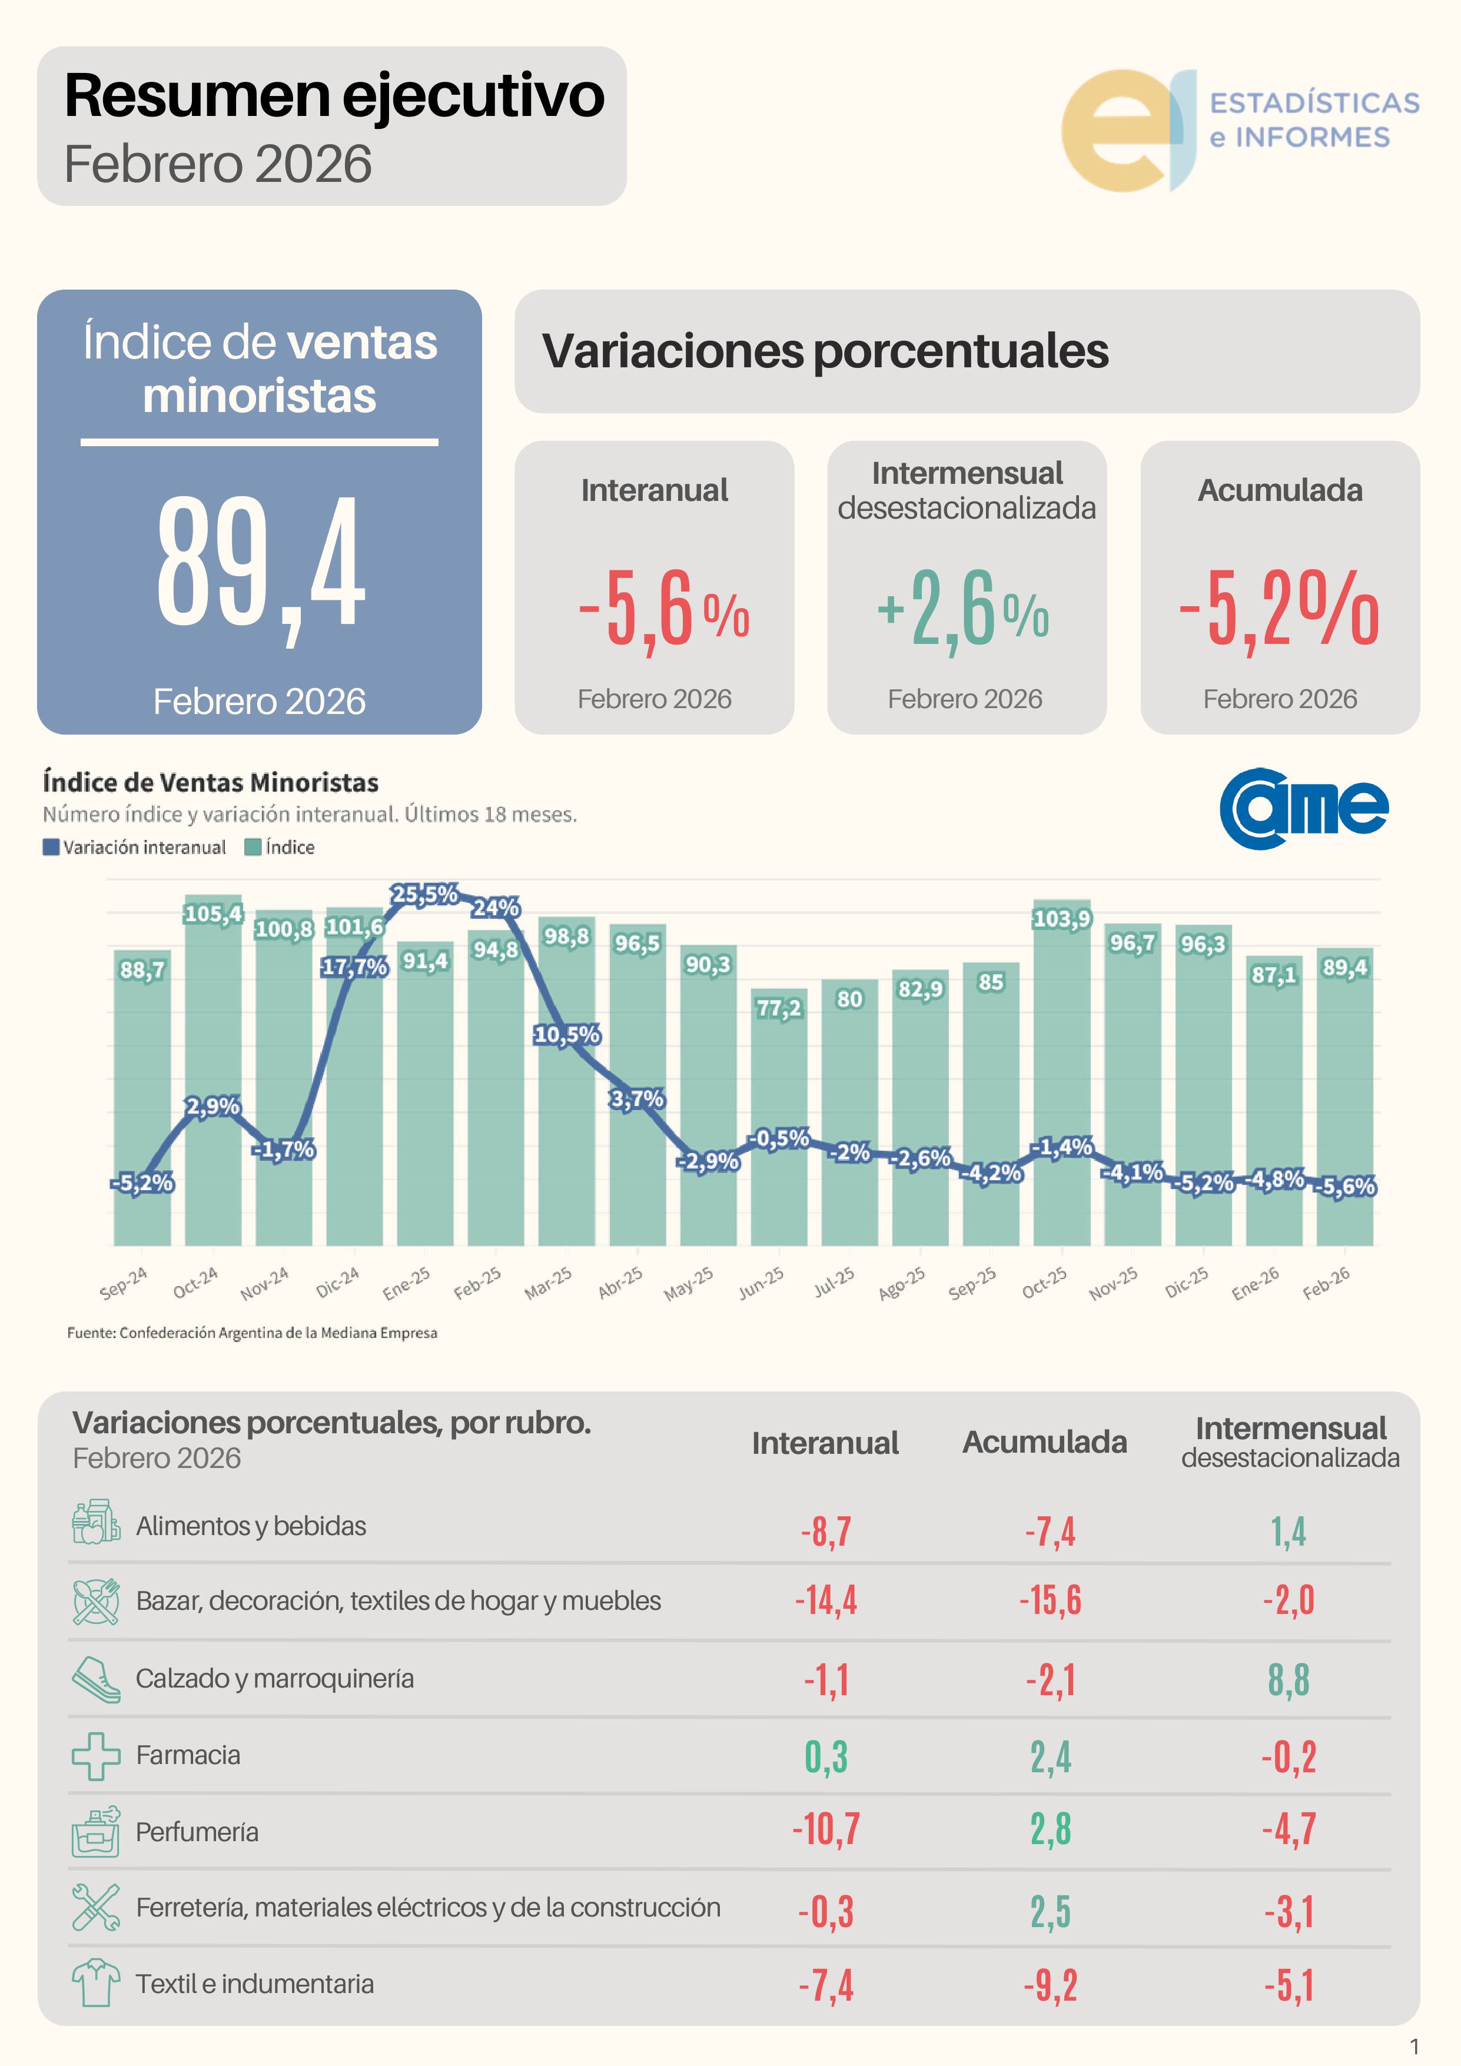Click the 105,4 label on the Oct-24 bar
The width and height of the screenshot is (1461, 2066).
212,914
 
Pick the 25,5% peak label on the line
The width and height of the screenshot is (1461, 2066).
424,895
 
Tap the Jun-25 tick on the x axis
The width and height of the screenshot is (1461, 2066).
762,1282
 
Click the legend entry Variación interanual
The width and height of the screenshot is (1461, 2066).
135,847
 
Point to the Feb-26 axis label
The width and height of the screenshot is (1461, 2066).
1327,1282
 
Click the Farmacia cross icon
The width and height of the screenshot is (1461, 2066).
95,1756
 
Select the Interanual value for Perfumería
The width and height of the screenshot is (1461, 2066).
826,1829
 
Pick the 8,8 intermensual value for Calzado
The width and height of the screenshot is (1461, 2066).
1289,1680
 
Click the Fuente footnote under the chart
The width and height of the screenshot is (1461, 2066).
252,1333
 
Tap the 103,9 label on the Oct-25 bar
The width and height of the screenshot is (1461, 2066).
1061,919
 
